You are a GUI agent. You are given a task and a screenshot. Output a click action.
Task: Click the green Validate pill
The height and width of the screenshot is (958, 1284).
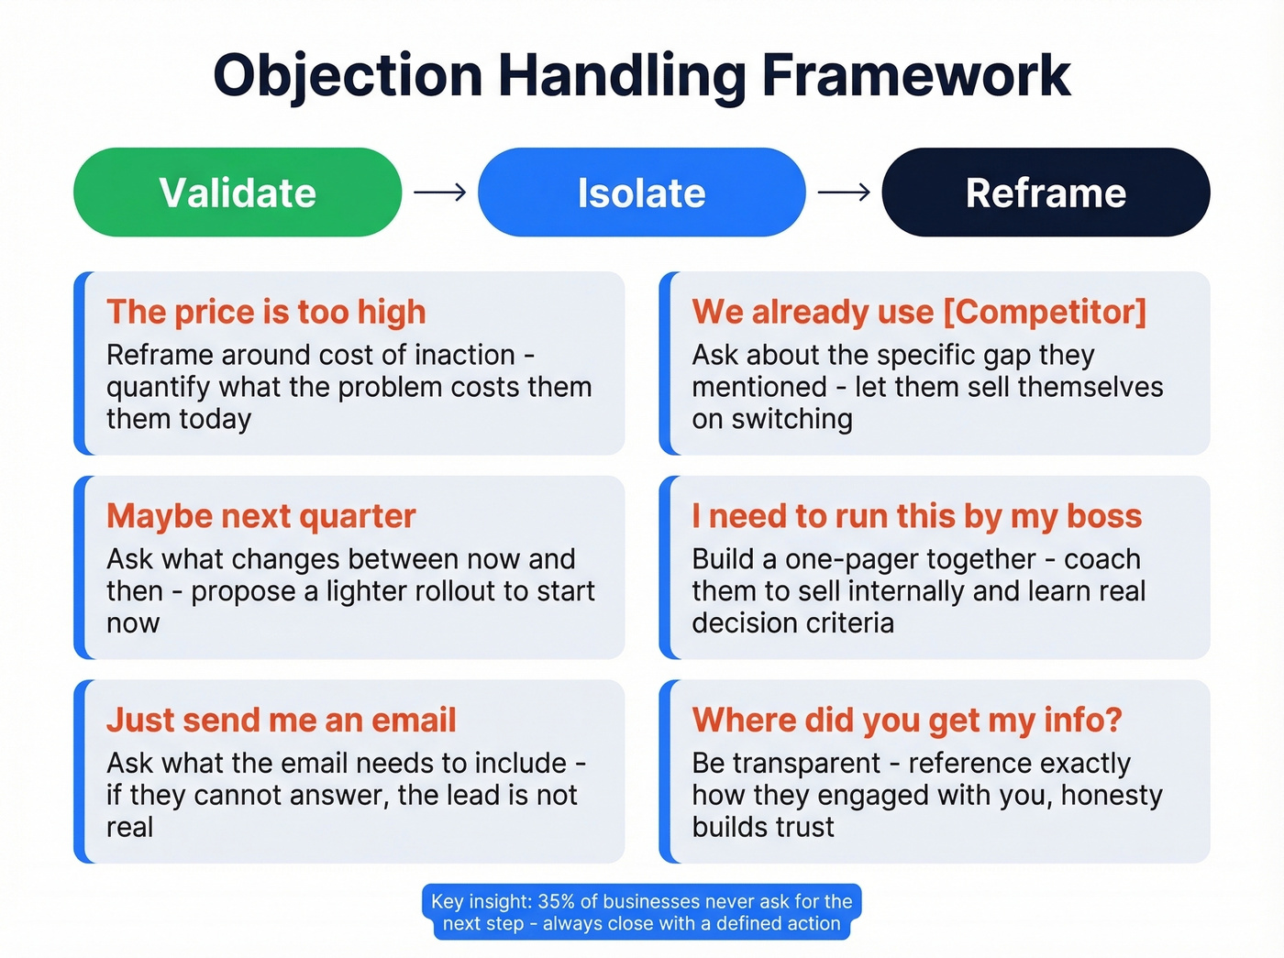[x=238, y=193]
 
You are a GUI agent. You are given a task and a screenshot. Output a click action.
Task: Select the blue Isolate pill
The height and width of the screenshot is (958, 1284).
[x=641, y=193]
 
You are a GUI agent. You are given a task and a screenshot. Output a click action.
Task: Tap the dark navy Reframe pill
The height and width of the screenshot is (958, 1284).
[x=1046, y=193]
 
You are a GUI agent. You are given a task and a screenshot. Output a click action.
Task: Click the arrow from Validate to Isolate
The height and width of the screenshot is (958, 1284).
[x=440, y=193]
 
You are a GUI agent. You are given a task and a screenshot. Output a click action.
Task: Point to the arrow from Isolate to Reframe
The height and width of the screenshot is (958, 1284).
[x=844, y=193]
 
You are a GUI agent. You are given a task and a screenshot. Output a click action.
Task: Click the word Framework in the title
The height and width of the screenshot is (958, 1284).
[x=915, y=75]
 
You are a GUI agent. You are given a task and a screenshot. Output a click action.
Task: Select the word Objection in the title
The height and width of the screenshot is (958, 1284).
[x=348, y=75]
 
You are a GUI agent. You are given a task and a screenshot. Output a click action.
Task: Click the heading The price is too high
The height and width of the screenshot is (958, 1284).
[x=266, y=312]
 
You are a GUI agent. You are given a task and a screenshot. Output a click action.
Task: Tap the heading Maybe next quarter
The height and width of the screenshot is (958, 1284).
[x=261, y=516]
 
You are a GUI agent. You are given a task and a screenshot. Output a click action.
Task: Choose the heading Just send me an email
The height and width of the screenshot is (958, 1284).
[x=281, y=720]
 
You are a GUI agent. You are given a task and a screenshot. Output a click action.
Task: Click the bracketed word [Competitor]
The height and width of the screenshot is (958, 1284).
[x=1045, y=312]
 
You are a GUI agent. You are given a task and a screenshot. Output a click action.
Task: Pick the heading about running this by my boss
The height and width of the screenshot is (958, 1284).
[x=916, y=516]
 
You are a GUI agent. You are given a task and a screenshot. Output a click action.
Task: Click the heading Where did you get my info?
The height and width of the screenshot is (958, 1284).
[x=906, y=720]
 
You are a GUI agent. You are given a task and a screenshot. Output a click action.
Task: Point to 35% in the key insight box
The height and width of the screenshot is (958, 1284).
[x=556, y=901]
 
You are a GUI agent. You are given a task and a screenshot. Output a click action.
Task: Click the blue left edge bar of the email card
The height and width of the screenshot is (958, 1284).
[x=80, y=771]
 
